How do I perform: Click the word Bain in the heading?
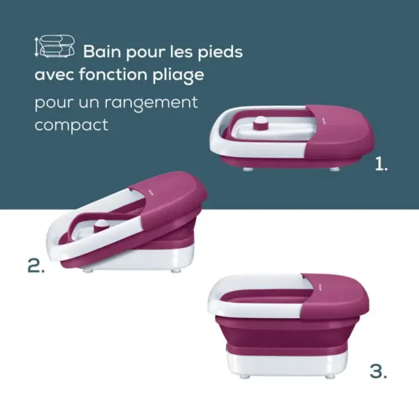[102, 51]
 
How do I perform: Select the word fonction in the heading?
[113, 74]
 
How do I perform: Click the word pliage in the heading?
[179, 75]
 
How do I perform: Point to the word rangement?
[151, 103]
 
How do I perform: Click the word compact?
[71, 125]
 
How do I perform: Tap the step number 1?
[381, 164]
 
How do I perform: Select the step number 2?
[36, 265]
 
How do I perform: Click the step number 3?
[378, 371]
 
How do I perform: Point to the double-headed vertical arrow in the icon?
[36, 47]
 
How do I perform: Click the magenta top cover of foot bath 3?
[335, 295]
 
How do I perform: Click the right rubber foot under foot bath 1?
[334, 169]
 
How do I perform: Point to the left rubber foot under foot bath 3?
[245, 377]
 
